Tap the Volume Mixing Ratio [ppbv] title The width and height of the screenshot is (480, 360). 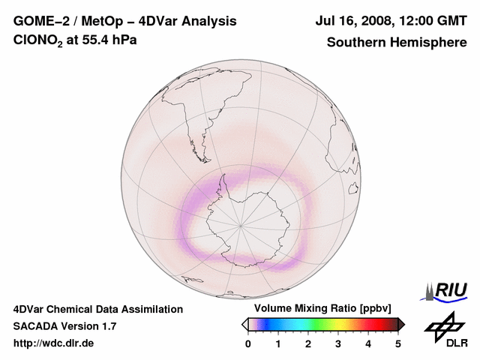pyautogui.click(x=322, y=309)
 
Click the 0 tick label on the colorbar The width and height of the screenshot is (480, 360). pyautogui.click(x=248, y=343)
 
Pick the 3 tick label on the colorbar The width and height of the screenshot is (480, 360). pyautogui.click(x=338, y=343)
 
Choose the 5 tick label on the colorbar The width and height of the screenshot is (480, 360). pyautogui.click(x=398, y=343)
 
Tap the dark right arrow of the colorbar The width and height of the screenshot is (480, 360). pyautogui.click(x=401, y=324)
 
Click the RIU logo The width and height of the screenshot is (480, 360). pyautogui.click(x=448, y=290)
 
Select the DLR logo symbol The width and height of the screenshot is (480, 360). pyautogui.click(x=444, y=325)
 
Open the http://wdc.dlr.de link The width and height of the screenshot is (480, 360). pyautogui.click(x=54, y=343)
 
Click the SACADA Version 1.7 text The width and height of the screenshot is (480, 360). pyautogui.click(x=64, y=326)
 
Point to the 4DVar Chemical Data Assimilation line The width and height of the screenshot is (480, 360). pyautogui.click(x=97, y=309)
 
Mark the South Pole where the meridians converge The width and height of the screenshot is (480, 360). pyautogui.click(x=241, y=224)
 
